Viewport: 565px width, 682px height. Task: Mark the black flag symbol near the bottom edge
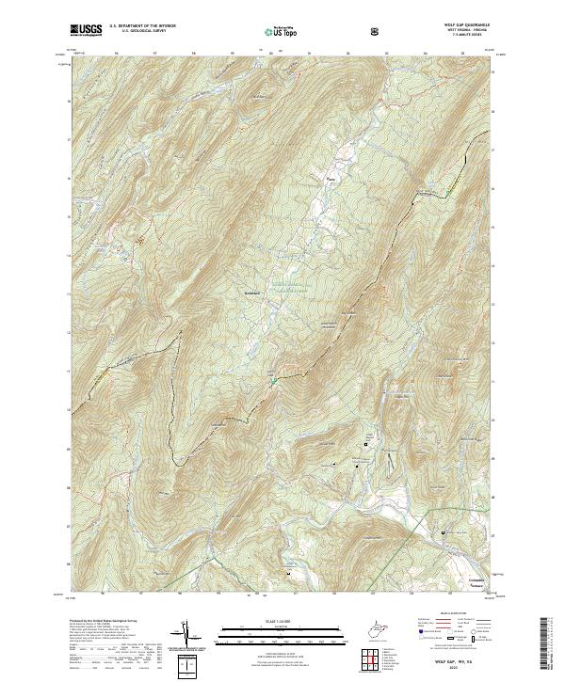click(288, 571)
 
